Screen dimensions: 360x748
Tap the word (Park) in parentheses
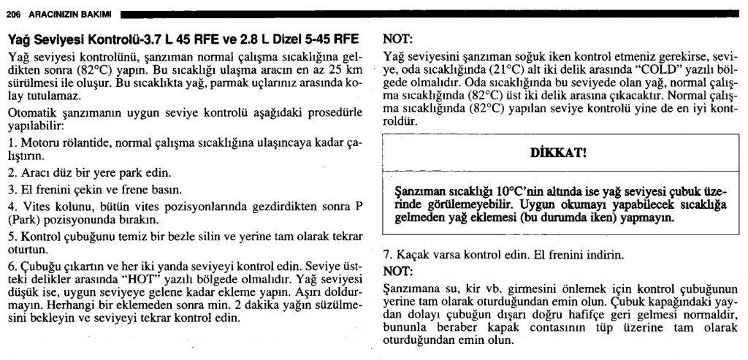click(23, 218)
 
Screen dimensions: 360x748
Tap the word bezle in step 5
click(180, 235)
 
